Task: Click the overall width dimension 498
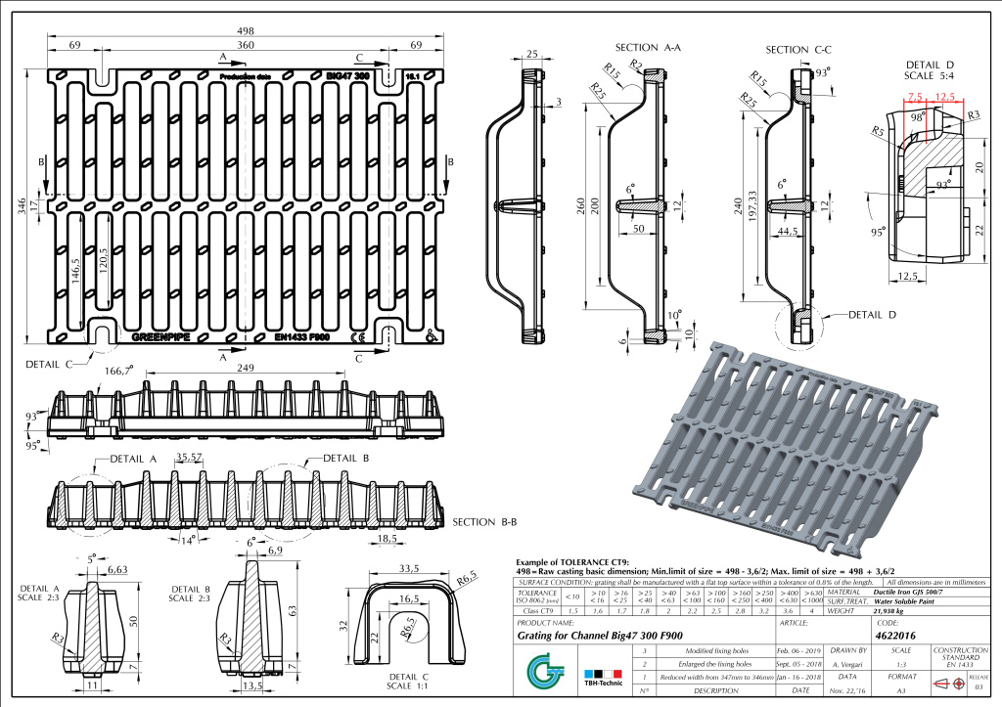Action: point(246,29)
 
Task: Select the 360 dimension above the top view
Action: point(246,46)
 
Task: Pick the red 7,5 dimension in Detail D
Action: point(916,97)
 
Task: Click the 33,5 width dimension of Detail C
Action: point(409,568)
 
